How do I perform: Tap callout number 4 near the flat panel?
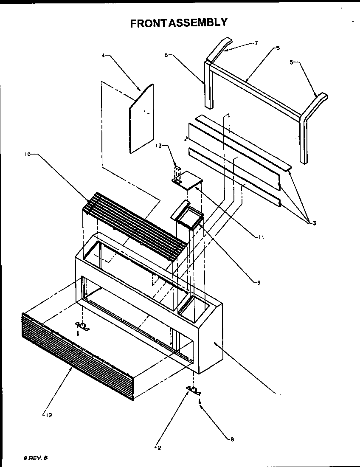(x=103, y=56)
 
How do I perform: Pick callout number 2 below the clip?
(x=159, y=447)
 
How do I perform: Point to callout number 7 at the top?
(x=256, y=43)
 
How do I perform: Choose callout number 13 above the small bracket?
(x=158, y=146)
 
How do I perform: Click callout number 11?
(x=261, y=237)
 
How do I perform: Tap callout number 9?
(x=258, y=282)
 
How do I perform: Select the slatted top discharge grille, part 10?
(x=136, y=222)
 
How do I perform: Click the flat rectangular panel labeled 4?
(x=142, y=119)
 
